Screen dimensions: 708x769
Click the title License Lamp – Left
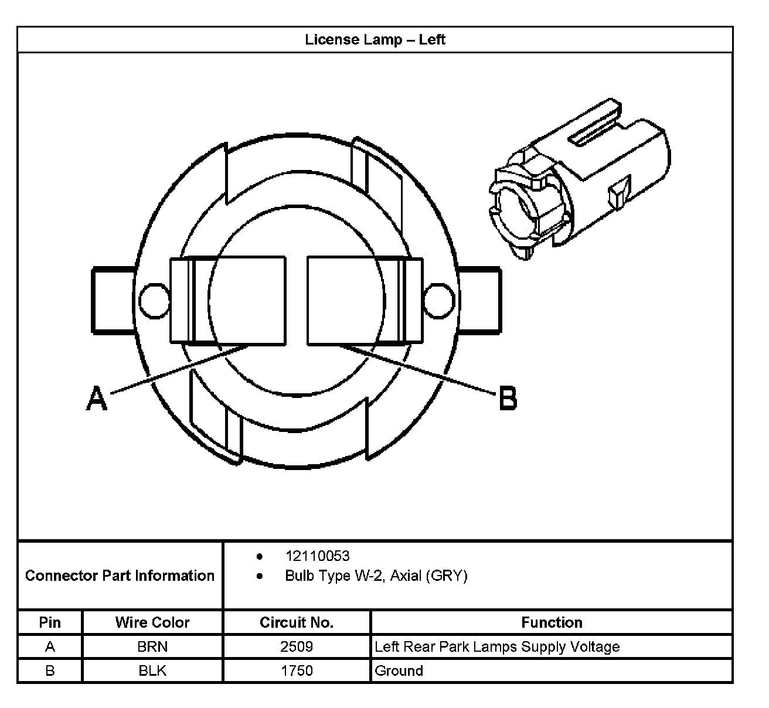point(375,40)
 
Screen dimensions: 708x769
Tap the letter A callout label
point(97,399)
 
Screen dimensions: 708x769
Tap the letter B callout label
point(508,399)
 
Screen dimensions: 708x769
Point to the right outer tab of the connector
point(481,300)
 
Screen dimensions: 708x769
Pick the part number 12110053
point(317,556)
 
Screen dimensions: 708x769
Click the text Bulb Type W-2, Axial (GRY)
point(376,576)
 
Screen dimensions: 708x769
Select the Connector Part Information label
point(120,576)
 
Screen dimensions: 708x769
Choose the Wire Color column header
point(152,622)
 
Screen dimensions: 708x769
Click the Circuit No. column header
point(297,622)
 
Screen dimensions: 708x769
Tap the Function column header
point(552,622)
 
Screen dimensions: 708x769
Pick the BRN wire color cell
point(152,647)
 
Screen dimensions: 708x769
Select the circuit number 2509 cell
point(297,647)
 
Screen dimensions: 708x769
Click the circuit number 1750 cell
point(297,670)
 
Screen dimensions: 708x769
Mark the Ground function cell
point(399,670)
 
